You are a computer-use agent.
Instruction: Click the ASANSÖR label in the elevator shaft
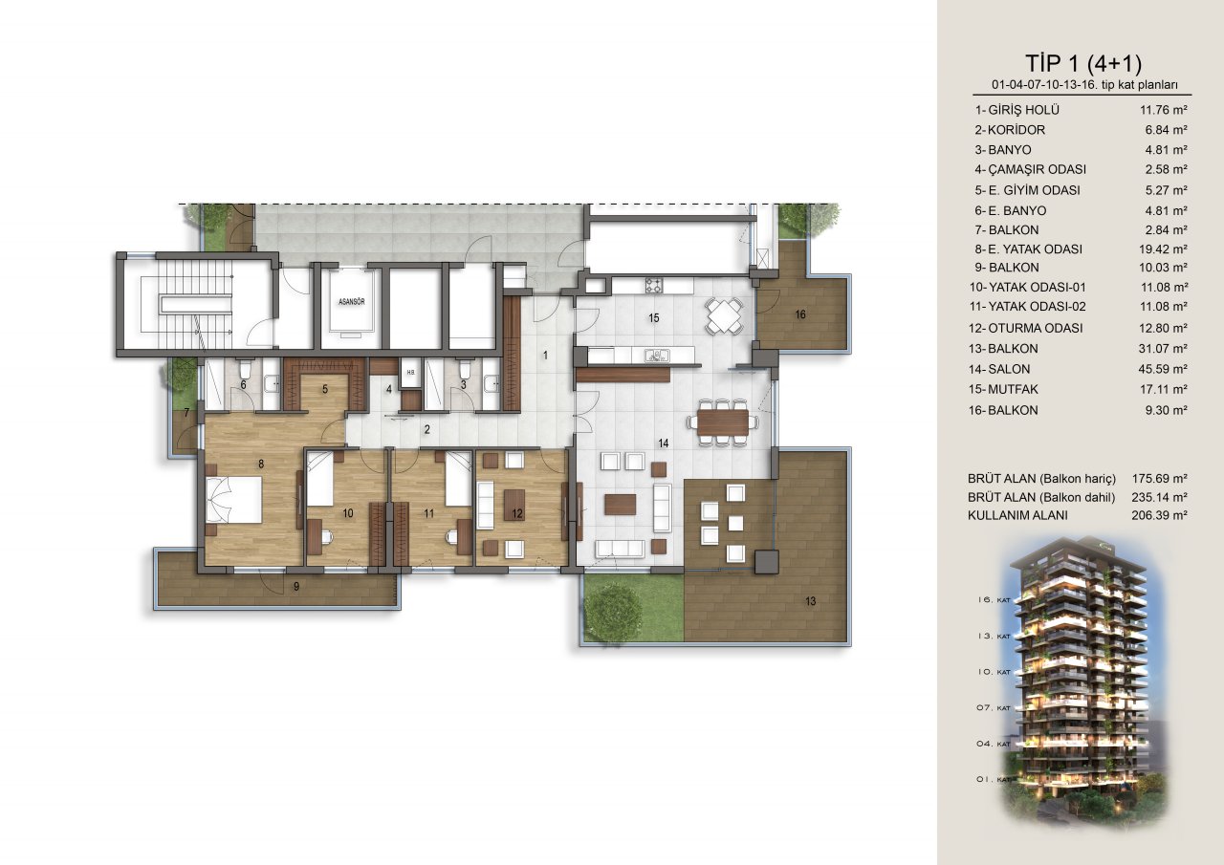point(352,301)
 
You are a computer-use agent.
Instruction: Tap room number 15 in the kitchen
point(653,318)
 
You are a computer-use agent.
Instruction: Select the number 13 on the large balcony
point(810,600)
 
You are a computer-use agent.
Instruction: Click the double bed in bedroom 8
point(234,499)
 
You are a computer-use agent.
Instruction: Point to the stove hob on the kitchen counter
point(654,285)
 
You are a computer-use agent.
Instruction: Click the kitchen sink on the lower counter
point(656,357)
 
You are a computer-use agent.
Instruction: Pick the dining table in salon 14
point(723,422)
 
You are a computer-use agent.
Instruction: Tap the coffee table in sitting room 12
point(514,504)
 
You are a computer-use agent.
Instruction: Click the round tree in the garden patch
point(613,608)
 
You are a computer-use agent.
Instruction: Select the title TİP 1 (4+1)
point(1083,63)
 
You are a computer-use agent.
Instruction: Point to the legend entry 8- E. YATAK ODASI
point(1028,249)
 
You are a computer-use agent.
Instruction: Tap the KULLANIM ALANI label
point(1017,515)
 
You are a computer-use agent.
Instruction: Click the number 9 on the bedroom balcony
point(296,587)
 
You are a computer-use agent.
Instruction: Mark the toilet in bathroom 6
point(245,371)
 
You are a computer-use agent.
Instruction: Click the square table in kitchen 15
point(724,315)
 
